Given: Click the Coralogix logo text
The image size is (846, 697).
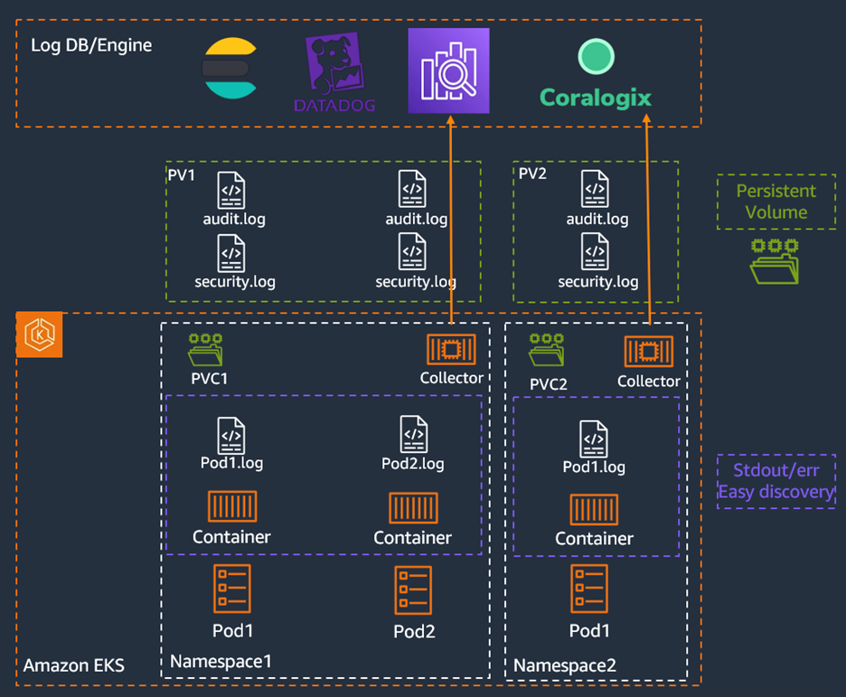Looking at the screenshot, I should (x=595, y=98).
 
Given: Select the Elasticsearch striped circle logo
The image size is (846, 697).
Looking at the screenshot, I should (x=230, y=68).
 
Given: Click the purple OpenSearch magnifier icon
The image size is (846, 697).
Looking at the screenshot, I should (x=448, y=71).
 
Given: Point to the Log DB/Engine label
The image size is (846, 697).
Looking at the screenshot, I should (x=91, y=45).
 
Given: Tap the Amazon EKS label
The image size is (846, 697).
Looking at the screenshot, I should (x=74, y=666).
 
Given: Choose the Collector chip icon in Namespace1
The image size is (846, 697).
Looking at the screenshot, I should (x=449, y=350).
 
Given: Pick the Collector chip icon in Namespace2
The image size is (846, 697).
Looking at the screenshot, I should (x=648, y=352).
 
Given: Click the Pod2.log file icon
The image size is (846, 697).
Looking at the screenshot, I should (x=413, y=435).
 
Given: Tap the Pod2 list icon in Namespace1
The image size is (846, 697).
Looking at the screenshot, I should (x=413, y=590).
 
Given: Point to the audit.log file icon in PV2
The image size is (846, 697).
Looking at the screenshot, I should (x=595, y=190).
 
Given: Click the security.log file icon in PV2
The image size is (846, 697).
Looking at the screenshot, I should (x=595, y=252).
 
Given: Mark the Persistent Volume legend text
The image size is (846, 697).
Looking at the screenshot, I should (x=775, y=202).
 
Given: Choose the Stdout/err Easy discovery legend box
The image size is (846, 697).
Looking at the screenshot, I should (x=775, y=482).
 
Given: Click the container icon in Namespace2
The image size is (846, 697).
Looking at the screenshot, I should (x=594, y=509).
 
